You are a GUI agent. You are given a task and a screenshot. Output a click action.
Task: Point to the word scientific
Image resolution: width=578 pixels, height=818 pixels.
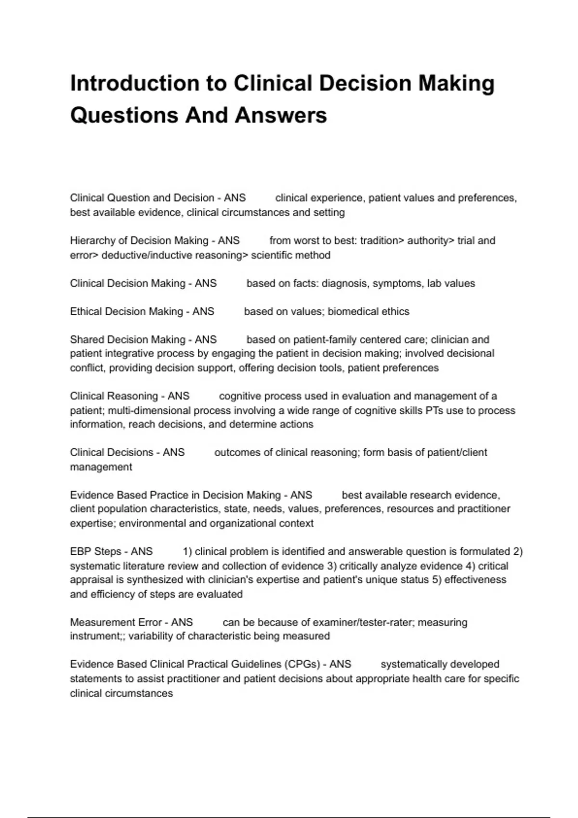coord(273,255)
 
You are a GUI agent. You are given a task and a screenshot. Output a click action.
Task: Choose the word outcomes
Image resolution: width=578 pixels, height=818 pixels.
coord(237,452)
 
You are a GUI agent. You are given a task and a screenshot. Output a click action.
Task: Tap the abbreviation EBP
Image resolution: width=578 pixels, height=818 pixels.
coord(80,551)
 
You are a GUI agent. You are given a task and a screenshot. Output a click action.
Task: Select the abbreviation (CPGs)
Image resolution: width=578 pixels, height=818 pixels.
coord(302,664)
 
